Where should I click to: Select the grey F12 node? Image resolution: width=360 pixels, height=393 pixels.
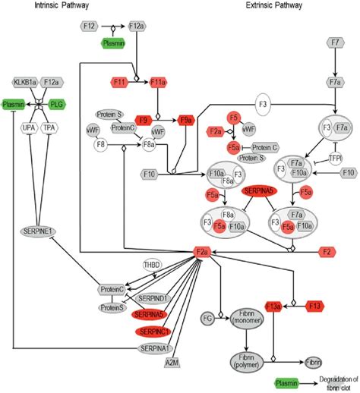tap(89, 27)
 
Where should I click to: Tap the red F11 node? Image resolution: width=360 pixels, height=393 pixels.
tap(119, 80)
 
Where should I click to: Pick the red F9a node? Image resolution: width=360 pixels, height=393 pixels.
tap(185, 119)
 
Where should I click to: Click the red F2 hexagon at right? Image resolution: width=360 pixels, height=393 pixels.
tap(327, 251)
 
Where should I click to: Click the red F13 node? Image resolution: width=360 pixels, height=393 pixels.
tap(317, 306)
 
